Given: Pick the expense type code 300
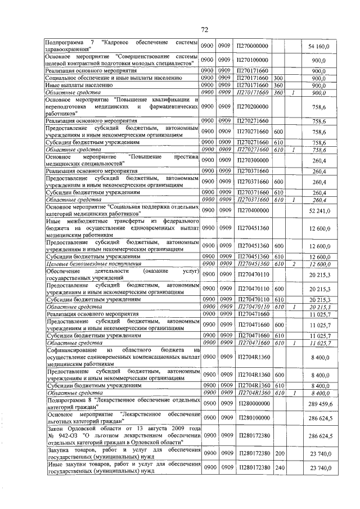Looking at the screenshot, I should [278, 78].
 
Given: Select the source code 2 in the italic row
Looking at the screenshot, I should [294, 264].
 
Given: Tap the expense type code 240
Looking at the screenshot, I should [278, 468].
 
